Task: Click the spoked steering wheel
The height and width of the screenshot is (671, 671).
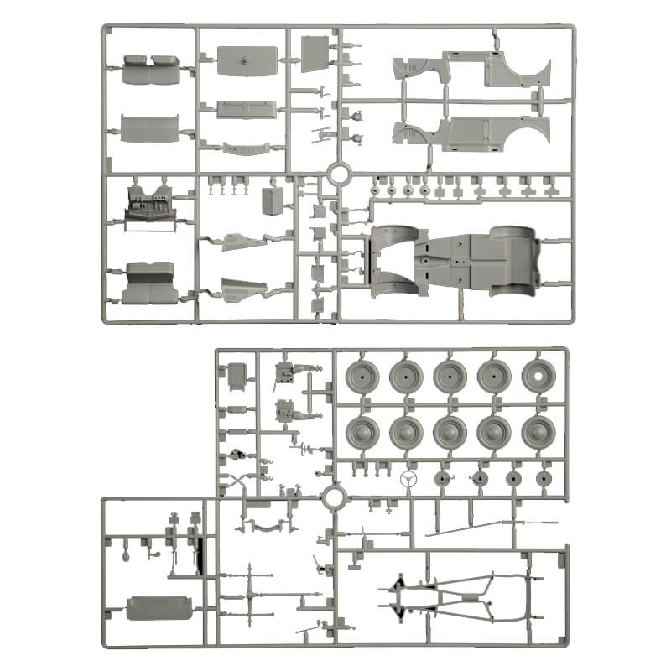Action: coord(411,479)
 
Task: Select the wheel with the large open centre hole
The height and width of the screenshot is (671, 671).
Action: coord(538,377)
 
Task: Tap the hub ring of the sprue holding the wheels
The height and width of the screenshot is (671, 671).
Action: coord(332,497)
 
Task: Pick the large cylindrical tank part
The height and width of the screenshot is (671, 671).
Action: coord(160,608)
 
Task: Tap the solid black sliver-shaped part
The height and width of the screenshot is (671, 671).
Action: coord(200,554)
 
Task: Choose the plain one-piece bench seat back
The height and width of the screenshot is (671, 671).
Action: coord(150,128)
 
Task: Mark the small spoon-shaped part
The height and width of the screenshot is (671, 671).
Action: coord(125,554)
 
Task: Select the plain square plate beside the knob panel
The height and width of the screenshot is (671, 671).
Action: coord(313,54)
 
